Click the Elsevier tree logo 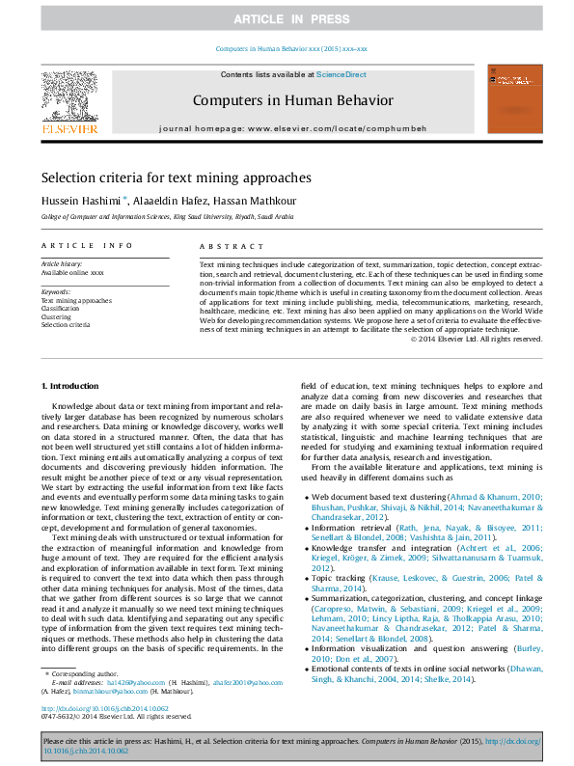[x=68, y=99]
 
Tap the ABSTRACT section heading [x=223, y=245]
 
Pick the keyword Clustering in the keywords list [x=56, y=316]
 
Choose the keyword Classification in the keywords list [x=62, y=309]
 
